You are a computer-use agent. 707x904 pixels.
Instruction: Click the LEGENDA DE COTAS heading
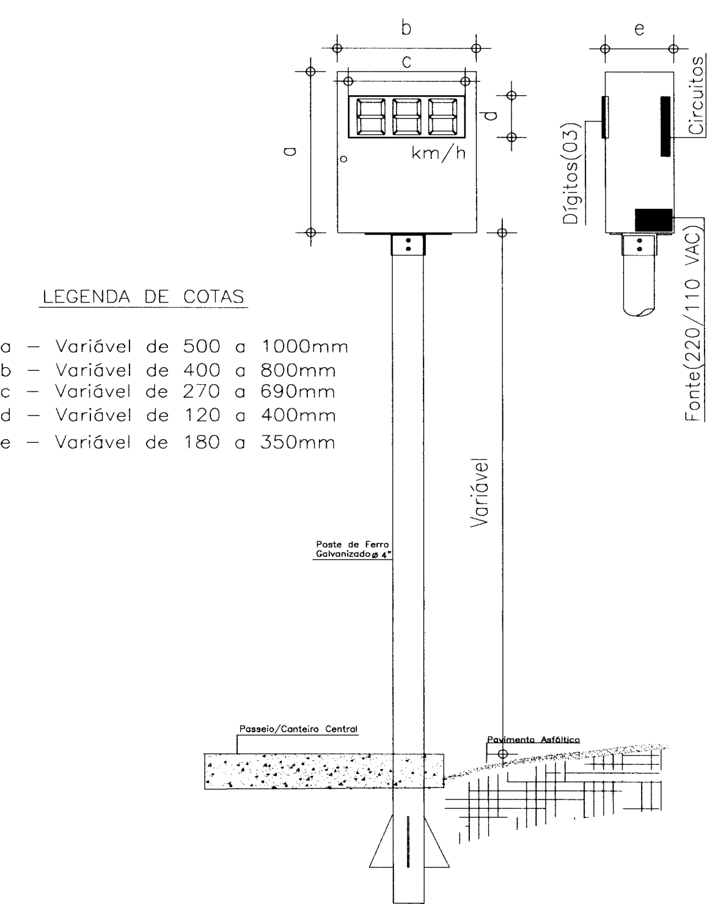pos(144,297)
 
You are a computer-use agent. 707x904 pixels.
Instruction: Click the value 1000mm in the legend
pos(304,346)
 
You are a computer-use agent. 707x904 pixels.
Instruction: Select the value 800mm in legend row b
pos(298,370)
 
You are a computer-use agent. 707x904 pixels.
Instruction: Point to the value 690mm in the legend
pos(298,392)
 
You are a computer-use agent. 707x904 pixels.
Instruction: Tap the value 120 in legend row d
pos(201,415)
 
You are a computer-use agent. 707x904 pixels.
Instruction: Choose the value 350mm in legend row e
pos(298,442)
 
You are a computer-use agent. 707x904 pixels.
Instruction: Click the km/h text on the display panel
pos(438,153)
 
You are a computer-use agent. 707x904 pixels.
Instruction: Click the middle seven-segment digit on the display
pos(406,117)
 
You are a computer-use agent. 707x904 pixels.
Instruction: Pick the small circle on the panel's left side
pos(343,159)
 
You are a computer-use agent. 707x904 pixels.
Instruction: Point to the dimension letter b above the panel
pos(406,28)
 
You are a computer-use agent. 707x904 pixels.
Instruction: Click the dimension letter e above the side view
pos(639,29)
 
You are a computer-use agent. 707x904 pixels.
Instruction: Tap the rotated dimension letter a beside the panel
pos(290,151)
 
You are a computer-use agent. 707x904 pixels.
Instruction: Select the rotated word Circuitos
pos(696,95)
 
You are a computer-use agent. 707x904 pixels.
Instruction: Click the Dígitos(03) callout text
pos(571,173)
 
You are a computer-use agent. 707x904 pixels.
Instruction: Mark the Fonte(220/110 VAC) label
pos(694,323)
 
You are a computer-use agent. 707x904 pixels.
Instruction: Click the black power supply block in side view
pos(653,220)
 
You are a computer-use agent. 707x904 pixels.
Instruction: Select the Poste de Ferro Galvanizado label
pos(353,549)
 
